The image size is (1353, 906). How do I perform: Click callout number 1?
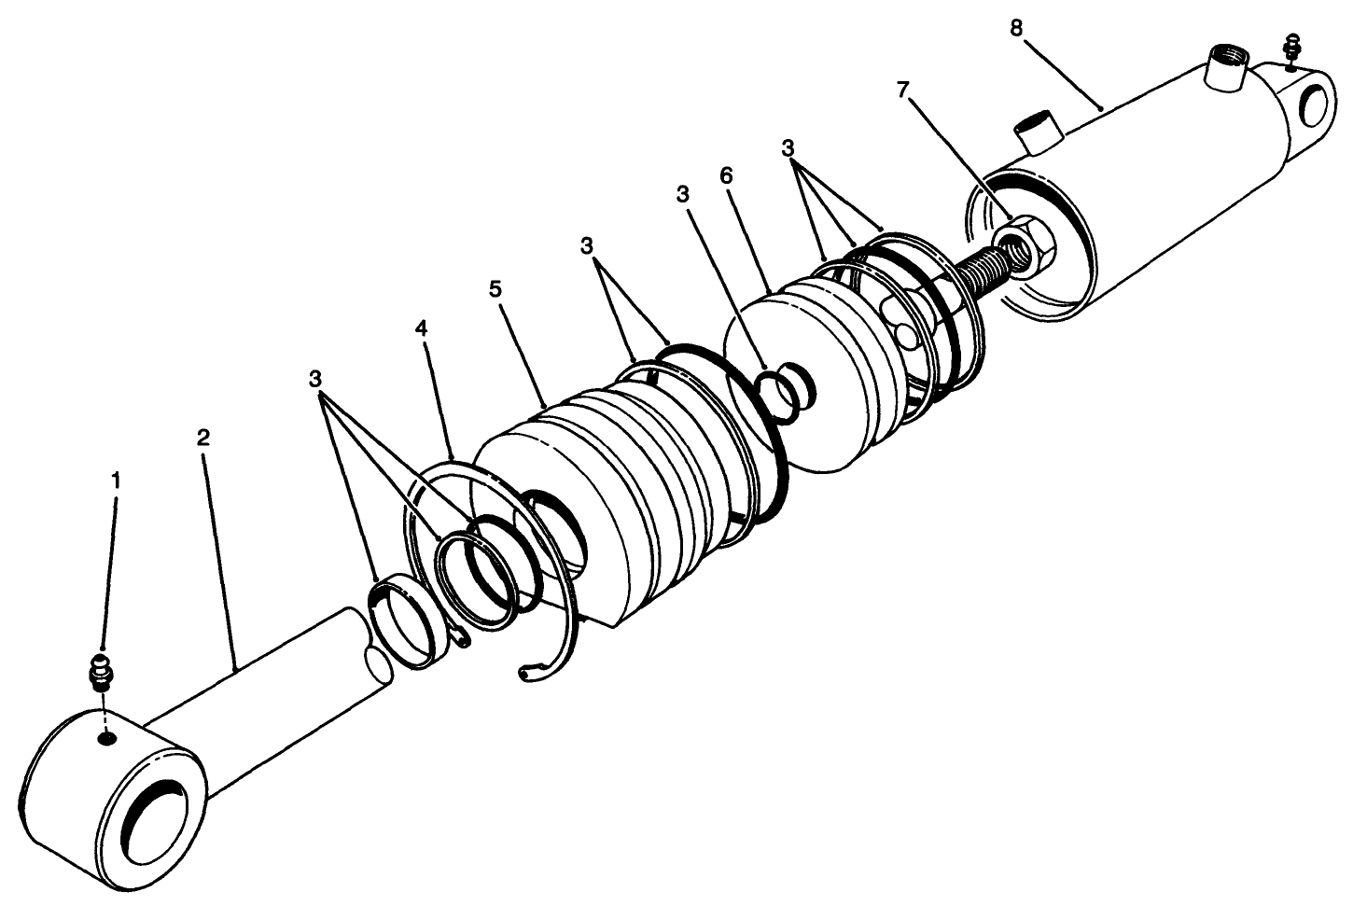point(116,481)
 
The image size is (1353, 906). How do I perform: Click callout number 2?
point(203,437)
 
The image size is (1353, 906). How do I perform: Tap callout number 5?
point(495,288)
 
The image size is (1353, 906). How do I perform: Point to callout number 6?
point(727,176)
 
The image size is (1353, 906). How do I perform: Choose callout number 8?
point(1016,28)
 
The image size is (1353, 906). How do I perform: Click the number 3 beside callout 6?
point(683,194)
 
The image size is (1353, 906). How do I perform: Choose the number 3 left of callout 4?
point(315,379)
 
